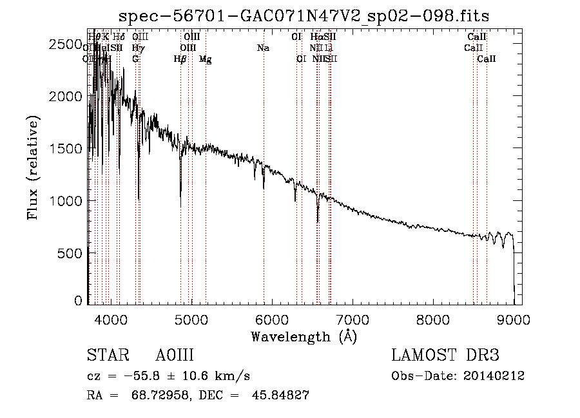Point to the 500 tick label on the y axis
tap(70, 253)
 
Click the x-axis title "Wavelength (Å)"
tap(304, 336)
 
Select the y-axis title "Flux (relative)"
tap(33, 167)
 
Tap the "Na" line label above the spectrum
tap(262, 48)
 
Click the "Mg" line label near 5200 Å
tap(205, 59)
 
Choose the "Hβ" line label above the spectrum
tap(180, 59)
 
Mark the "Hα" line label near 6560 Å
tap(316, 37)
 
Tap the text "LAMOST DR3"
tap(445, 356)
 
